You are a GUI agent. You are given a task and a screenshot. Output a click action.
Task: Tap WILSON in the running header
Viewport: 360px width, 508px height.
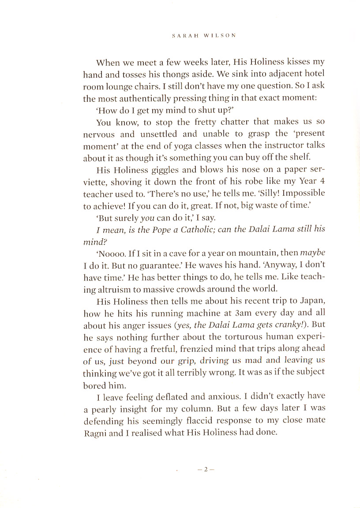(x=219, y=36)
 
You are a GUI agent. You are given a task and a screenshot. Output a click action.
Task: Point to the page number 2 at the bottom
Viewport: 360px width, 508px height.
(x=206, y=470)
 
